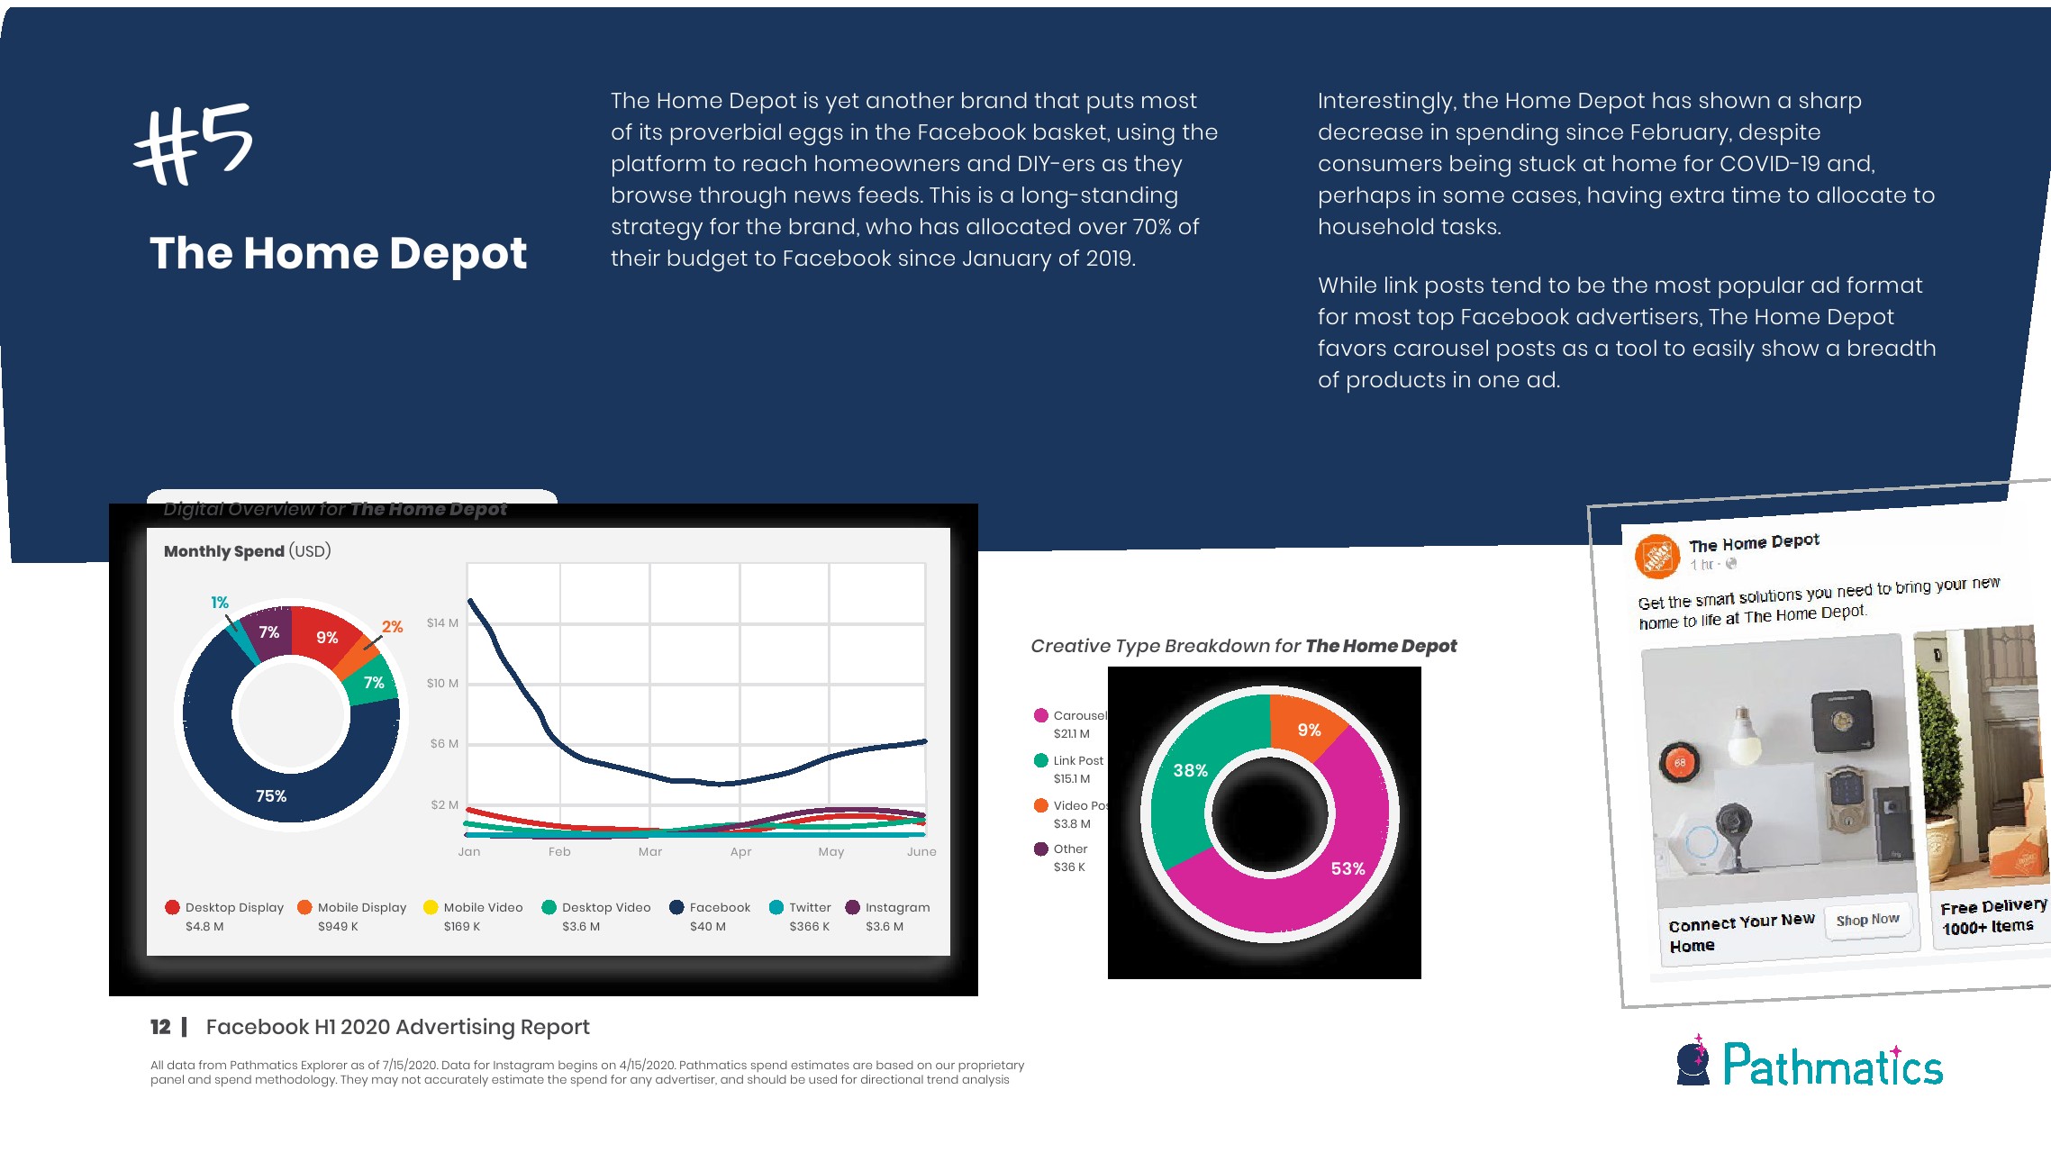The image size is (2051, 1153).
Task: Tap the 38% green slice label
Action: tap(1190, 770)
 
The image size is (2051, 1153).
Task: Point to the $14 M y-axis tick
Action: tap(442, 622)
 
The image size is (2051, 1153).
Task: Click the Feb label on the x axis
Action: tap(559, 851)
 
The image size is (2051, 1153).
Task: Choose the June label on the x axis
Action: tap(921, 851)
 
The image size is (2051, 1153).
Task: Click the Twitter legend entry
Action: tap(809, 907)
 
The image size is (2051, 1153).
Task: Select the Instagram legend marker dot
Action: tap(853, 907)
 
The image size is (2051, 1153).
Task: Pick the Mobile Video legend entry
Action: tap(482, 907)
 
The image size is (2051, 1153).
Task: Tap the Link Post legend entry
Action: tap(1077, 761)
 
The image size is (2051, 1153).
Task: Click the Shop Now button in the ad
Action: tap(1867, 920)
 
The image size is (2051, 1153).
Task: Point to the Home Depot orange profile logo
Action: tap(1657, 557)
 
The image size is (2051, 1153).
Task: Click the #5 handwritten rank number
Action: tap(194, 144)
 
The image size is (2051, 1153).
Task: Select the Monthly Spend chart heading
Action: tap(247, 551)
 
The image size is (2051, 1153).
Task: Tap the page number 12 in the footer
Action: tap(160, 1027)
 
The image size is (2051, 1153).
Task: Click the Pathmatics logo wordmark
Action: tap(1832, 1066)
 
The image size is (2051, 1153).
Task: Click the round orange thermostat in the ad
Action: tap(1679, 762)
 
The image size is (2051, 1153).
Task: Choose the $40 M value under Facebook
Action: tap(708, 926)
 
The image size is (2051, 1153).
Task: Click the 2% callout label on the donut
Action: tap(392, 626)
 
